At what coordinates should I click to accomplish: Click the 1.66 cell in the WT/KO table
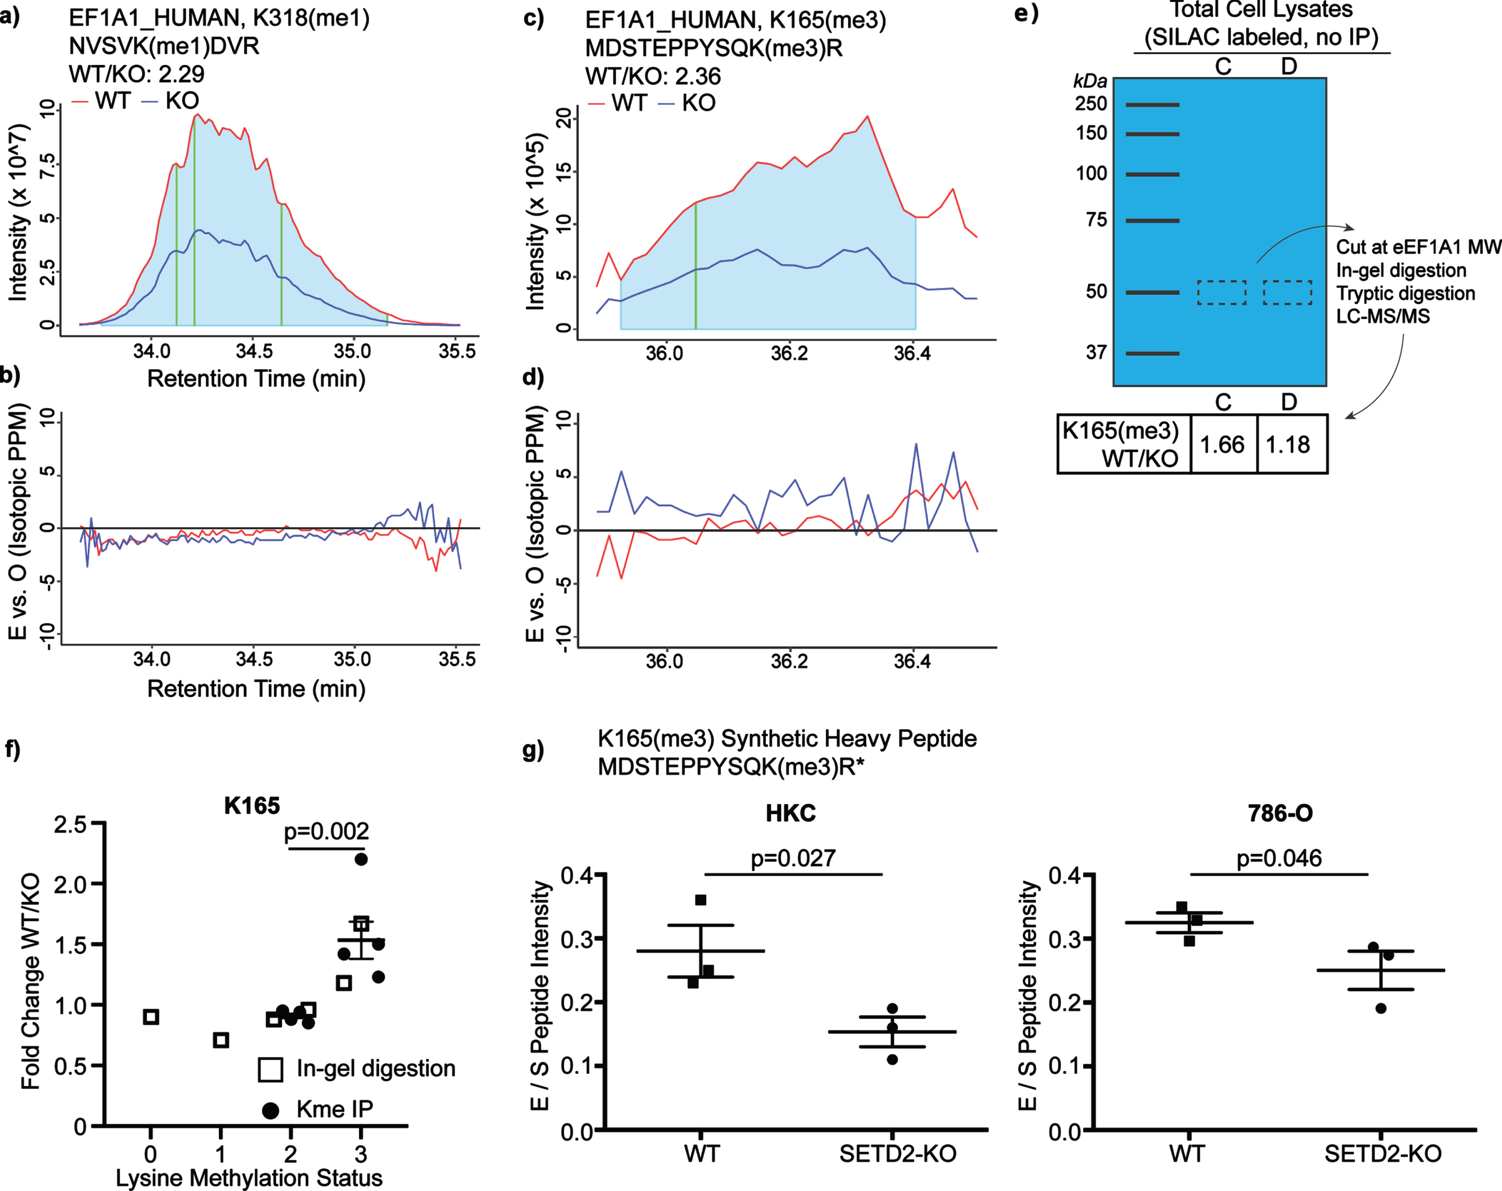click(x=1223, y=444)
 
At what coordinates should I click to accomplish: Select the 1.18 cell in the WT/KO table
click(x=1292, y=444)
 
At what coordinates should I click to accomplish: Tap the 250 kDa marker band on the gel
click(x=1152, y=105)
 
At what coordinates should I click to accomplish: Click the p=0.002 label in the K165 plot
click(x=326, y=831)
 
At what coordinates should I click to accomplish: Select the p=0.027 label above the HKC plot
click(x=793, y=858)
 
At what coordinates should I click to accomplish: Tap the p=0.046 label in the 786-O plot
click(x=1279, y=858)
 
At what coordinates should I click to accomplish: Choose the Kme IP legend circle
click(x=270, y=1110)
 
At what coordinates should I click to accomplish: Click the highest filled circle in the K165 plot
click(x=361, y=859)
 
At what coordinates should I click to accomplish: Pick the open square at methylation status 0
click(x=151, y=1017)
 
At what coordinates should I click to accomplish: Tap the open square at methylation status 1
click(x=221, y=1040)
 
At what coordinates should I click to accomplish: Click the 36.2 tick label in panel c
click(x=789, y=354)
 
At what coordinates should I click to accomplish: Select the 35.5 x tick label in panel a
click(x=457, y=350)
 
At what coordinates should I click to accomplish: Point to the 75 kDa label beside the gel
click(x=1097, y=220)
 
